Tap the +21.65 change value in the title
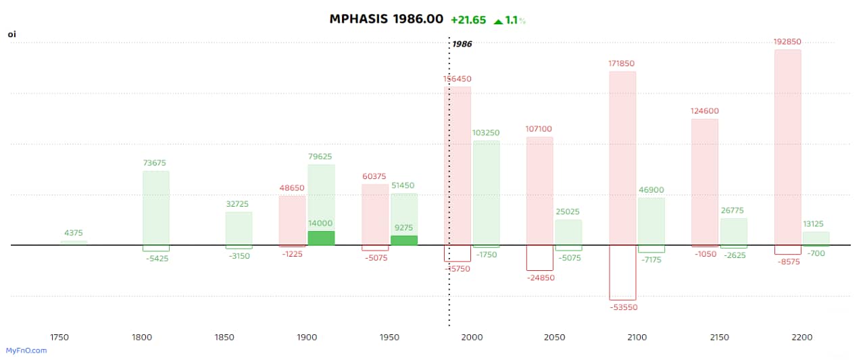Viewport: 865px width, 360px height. click(x=468, y=20)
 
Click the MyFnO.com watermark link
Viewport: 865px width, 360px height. click(x=26, y=351)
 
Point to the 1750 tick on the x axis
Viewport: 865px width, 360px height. click(x=59, y=337)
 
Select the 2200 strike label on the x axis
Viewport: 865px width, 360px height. click(x=801, y=337)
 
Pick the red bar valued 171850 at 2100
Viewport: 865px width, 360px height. click(x=622, y=158)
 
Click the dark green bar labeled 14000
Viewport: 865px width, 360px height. click(x=321, y=238)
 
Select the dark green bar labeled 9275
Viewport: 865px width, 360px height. click(x=404, y=240)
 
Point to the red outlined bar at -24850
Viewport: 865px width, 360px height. click(x=540, y=258)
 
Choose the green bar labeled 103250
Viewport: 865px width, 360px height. click(x=487, y=192)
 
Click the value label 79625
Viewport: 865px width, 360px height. click(x=321, y=157)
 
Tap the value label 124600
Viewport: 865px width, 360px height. click(x=705, y=111)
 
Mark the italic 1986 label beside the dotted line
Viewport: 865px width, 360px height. click(x=462, y=44)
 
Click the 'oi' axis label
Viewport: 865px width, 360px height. click(x=11, y=34)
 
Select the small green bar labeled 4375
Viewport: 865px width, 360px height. click(x=74, y=242)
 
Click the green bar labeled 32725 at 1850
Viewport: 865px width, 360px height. click(x=239, y=228)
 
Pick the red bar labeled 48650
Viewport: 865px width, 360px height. click(x=292, y=220)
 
